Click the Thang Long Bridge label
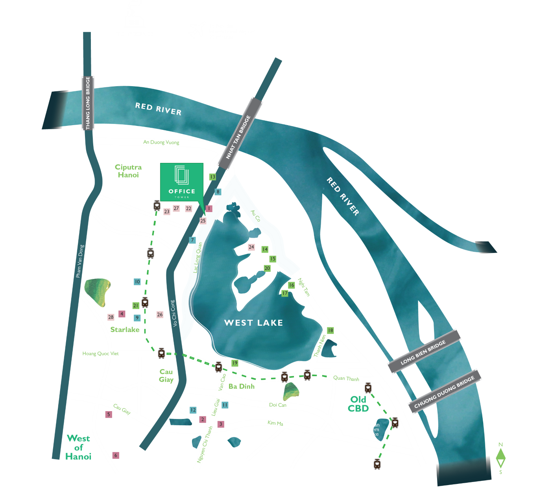[88, 103]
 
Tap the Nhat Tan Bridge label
[238, 137]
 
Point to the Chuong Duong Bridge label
[444, 392]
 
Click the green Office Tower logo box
[181, 182]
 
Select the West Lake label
[253, 323]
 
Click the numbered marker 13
[212, 177]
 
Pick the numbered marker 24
[251, 247]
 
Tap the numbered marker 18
[331, 330]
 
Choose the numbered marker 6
[116, 455]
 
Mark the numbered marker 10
[137, 282]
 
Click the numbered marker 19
[235, 363]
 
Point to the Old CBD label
[358, 404]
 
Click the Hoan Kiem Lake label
[373, 429]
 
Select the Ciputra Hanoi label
[128, 171]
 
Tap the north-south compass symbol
[500, 458]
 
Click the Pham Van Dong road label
[80, 261]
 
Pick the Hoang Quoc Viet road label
[100, 354]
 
